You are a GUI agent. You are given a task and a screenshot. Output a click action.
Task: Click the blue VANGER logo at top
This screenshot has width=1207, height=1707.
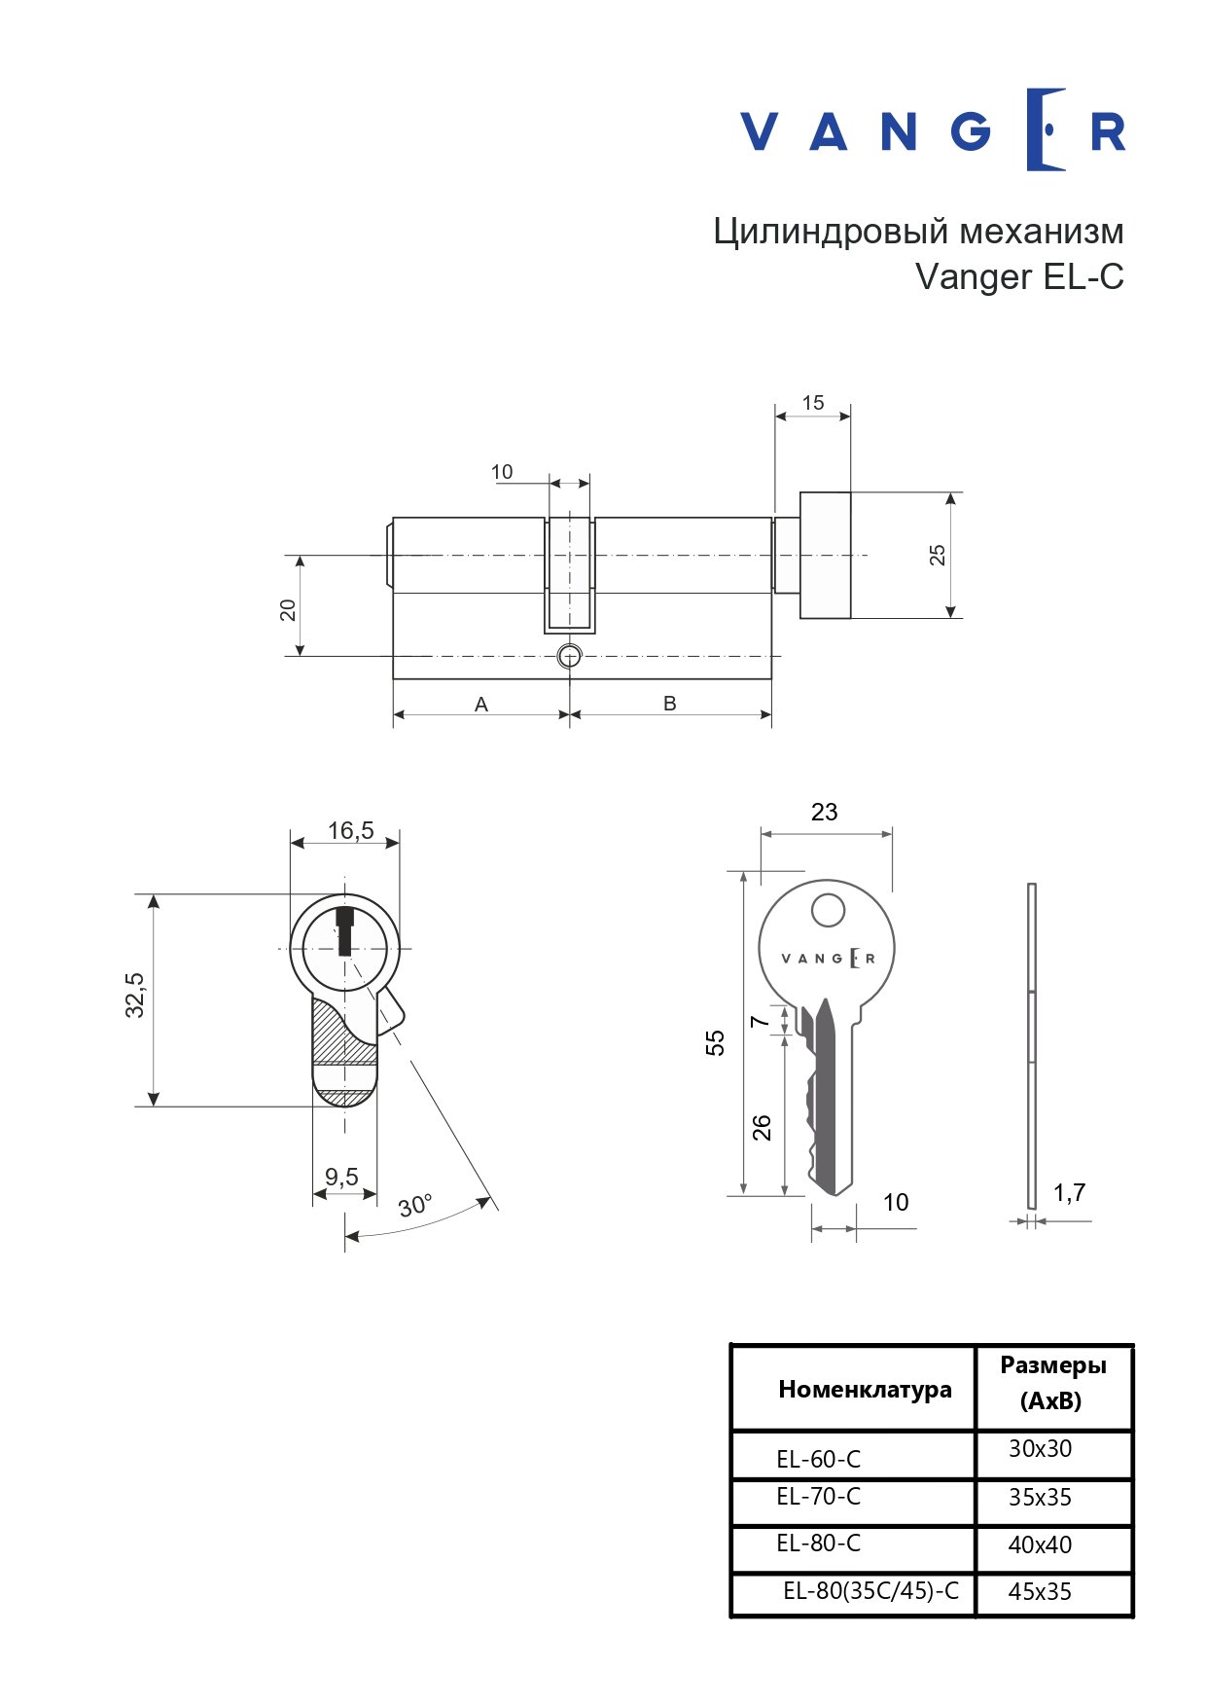[x=933, y=130]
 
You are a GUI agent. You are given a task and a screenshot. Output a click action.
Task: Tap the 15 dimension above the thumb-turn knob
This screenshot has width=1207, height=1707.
[x=813, y=403]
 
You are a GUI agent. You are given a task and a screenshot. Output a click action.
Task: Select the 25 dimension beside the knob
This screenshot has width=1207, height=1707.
[x=937, y=555]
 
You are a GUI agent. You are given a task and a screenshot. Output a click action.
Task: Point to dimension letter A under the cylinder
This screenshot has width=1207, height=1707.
[x=481, y=704]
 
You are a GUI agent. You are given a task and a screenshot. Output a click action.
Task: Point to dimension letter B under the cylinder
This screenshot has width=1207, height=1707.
[x=669, y=703]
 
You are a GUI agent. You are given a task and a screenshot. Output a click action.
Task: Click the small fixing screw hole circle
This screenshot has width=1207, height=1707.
[x=570, y=656]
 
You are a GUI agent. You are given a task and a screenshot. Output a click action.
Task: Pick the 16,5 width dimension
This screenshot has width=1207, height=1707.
[x=351, y=830]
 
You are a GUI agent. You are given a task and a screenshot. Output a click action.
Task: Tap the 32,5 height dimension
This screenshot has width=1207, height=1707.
[x=135, y=995]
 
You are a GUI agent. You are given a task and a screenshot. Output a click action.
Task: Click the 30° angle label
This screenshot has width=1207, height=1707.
[x=415, y=1205]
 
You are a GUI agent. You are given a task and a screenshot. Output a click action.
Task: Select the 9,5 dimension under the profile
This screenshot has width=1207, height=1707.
[x=341, y=1177]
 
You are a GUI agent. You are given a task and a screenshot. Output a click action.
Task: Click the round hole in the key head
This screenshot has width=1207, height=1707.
[x=828, y=911]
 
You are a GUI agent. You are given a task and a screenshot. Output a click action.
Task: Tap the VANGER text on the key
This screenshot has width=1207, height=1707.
[x=829, y=958]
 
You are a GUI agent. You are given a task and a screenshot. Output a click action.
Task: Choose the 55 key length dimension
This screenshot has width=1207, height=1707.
[x=716, y=1042]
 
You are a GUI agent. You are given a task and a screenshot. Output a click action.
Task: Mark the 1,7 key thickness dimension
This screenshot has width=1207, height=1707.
[x=1069, y=1192]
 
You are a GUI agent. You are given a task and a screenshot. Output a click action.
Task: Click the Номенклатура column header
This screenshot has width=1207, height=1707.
[x=865, y=1389]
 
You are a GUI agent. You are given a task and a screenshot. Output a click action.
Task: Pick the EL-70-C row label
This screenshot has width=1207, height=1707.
[x=818, y=1497]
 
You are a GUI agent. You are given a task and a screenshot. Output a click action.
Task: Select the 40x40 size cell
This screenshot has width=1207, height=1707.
[x=1040, y=1544]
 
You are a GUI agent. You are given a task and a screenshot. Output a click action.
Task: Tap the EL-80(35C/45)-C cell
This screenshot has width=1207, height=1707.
[x=870, y=1591]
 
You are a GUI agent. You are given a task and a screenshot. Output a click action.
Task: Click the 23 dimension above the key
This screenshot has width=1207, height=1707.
[x=824, y=812]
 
